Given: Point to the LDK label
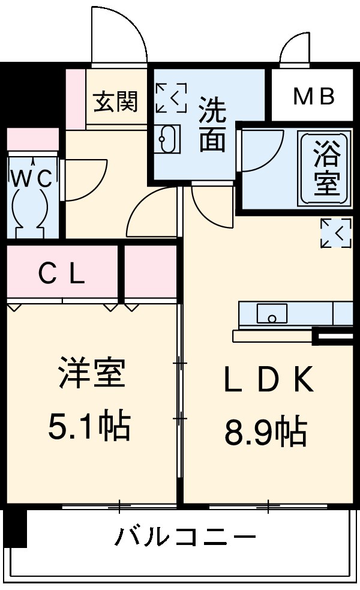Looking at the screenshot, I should tap(268, 379).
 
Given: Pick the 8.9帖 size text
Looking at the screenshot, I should tap(266, 431).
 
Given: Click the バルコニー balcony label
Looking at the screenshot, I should tap(186, 536).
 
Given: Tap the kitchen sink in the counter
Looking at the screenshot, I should tap(272, 313).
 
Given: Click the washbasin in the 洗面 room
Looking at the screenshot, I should tap(168, 140).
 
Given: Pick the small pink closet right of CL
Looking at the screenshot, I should tap(151, 274).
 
